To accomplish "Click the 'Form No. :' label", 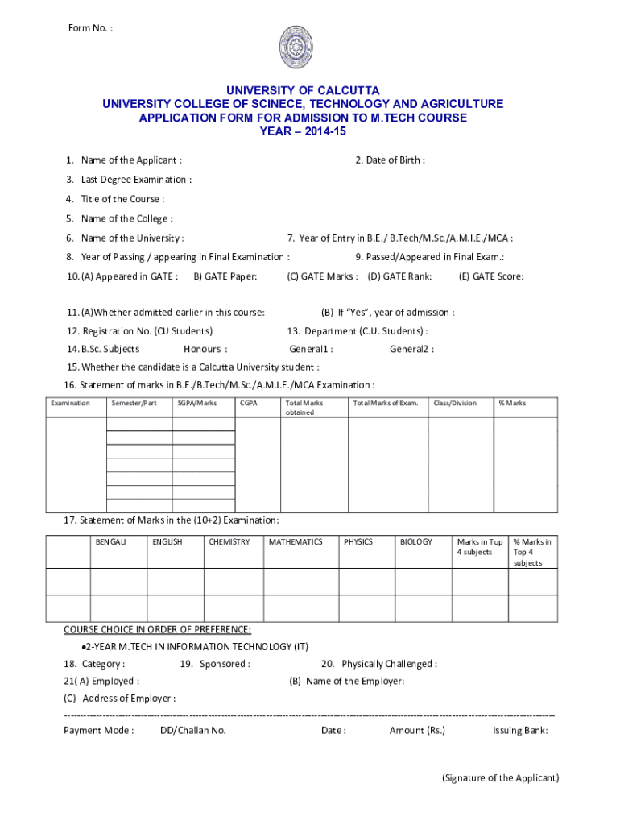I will [x=90, y=30].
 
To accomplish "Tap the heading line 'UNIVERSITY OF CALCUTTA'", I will [x=303, y=90].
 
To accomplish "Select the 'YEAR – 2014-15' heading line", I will [x=303, y=131].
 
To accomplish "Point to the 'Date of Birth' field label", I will [x=390, y=160].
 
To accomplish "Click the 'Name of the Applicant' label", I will [x=124, y=160].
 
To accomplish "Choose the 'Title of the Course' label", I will [x=116, y=199].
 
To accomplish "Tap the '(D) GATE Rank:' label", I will [x=399, y=277].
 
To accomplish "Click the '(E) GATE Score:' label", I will [x=491, y=277].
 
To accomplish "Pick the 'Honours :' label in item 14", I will [x=205, y=350].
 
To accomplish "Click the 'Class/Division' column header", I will [x=455, y=403].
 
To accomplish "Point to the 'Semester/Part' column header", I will [x=134, y=403].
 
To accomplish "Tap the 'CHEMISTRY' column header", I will [x=229, y=542].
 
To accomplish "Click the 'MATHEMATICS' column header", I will [x=296, y=542].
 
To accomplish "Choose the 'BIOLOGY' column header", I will [x=416, y=542].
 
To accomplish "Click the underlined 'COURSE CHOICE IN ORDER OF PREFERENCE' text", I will [x=158, y=629].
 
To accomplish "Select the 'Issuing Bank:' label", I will [x=520, y=731].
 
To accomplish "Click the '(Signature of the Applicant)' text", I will [x=500, y=778].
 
